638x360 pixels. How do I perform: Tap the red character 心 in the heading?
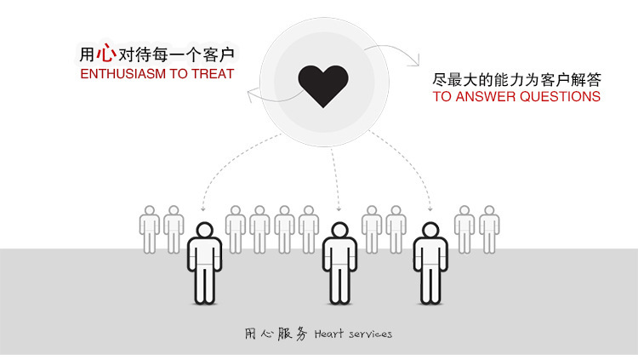tap(105, 54)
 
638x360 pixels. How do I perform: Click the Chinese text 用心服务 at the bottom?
tap(275, 334)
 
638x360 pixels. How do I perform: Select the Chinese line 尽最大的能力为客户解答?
tap(517, 80)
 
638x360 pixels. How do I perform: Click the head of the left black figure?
tap(204, 231)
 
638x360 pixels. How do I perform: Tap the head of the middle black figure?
tap(339, 231)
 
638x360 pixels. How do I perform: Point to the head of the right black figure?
tap(430, 231)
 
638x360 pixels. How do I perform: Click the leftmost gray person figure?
tap(150, 228)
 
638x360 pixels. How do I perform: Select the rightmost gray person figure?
tap(489, 228)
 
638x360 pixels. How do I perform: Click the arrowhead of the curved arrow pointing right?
tap(415, 61)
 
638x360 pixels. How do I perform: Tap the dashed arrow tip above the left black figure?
tap(203, 208)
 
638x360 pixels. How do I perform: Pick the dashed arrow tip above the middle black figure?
tap(339, 209)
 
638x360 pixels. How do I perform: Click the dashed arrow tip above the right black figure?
tap(430, 209)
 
